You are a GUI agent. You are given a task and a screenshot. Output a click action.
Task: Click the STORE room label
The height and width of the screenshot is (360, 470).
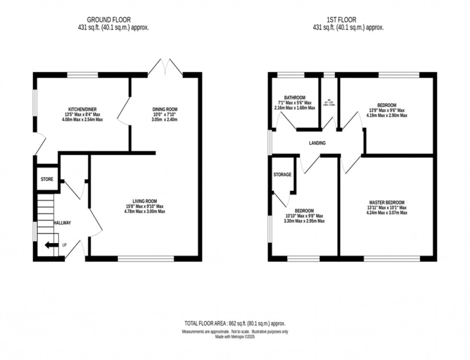(47, 179)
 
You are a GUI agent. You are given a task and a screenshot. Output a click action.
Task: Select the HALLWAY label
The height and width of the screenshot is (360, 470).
(62, 223)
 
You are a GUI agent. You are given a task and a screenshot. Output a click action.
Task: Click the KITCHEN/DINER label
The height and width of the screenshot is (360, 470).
(85, 110)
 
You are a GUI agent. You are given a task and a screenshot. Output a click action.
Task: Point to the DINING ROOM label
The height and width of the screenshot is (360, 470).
(165, 110)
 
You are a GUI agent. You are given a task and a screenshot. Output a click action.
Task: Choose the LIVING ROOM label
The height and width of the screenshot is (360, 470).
(145, 201)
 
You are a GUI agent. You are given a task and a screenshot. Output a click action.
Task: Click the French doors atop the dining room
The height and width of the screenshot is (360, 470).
(165, 67)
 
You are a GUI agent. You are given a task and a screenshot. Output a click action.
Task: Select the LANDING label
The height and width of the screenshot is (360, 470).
(317, 143)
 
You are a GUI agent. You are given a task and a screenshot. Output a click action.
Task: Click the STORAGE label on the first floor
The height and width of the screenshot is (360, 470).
(282, 174)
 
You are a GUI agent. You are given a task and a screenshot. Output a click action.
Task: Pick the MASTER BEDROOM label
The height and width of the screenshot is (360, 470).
(387, 202)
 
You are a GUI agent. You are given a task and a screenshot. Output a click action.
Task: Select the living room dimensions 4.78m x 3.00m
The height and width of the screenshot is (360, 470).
(145, 211)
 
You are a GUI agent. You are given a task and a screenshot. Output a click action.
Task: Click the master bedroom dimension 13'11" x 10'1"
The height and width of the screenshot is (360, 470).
(387, 208)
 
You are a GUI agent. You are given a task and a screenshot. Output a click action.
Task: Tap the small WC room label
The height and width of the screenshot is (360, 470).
(329, 100)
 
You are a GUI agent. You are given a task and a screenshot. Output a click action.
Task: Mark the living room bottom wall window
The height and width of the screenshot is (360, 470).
(146, 259)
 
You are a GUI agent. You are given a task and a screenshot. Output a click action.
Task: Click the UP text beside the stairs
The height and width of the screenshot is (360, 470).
(65, 245)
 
